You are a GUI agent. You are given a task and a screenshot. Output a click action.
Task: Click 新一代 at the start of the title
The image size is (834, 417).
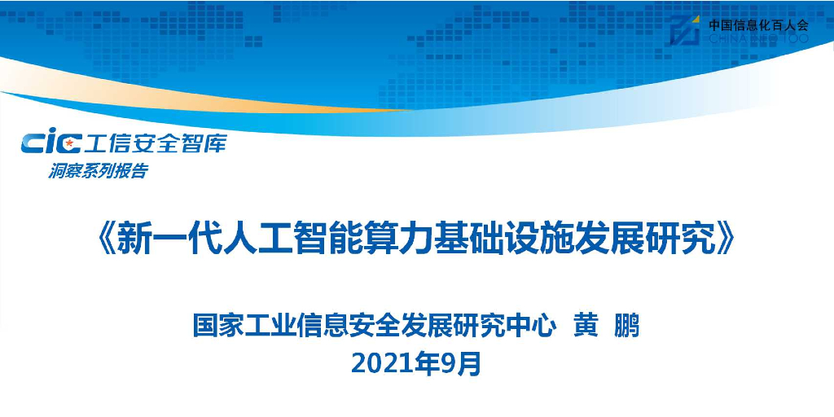point(158,239)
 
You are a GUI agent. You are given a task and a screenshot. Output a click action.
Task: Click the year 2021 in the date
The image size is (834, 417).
point(382,363)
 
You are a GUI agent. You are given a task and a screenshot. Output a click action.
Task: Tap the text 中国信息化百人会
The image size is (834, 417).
point(757,24)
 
